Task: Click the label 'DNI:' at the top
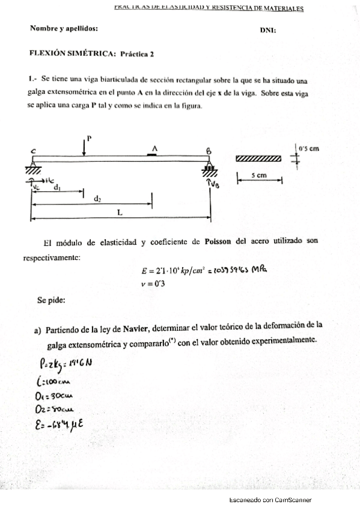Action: (268, 30)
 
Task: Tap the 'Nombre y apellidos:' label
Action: (64, 28)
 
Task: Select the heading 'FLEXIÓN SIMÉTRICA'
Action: (72, 54)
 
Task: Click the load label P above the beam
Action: (89, 138)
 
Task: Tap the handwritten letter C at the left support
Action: (32, 150)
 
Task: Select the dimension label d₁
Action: (56, 188)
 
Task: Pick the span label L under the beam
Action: (120, 212)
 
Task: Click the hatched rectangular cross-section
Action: (258, 159)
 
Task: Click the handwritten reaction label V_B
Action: (216, 185)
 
